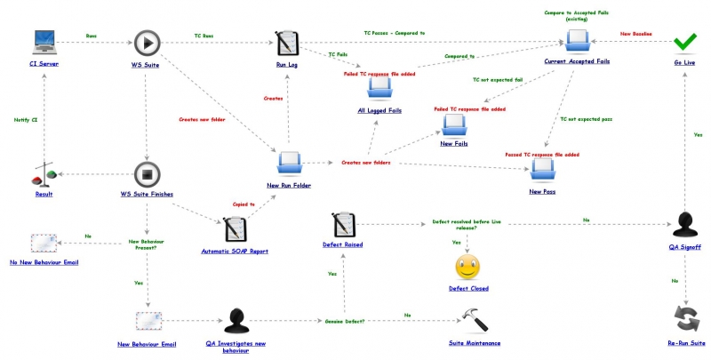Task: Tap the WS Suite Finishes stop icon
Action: [147, 173]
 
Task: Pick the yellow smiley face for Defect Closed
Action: [468, 267]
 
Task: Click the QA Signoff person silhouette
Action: [684, 224]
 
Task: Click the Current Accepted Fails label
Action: [577, 61]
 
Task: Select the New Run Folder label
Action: [288, 185]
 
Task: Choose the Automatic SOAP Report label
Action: [235, 252]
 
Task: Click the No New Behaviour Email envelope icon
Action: [44, 243]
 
